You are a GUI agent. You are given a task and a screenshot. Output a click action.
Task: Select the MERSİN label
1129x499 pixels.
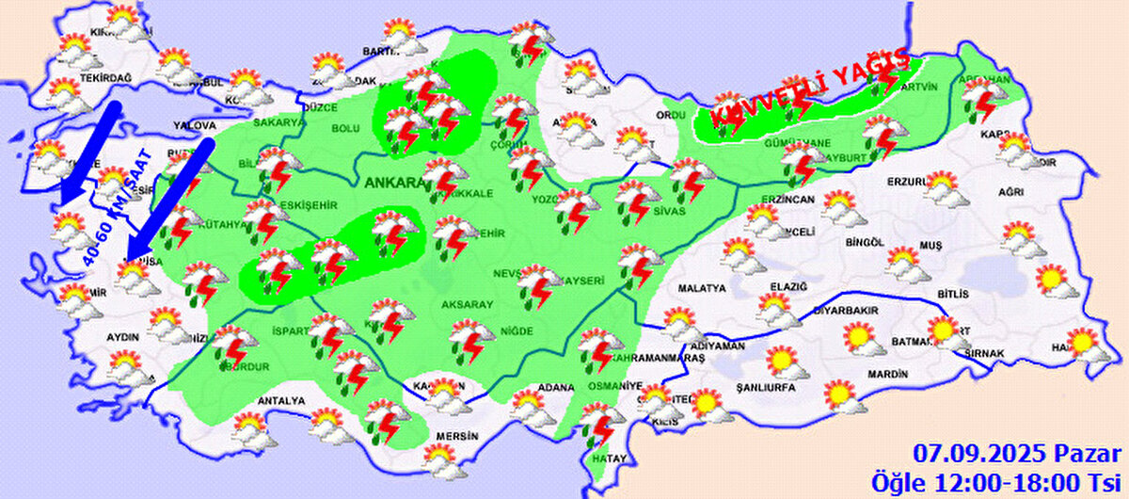(457, 437)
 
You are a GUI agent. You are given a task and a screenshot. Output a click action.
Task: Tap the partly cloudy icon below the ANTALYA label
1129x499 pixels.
(252, 429)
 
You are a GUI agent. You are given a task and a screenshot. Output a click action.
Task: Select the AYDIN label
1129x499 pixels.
(123, 337)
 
